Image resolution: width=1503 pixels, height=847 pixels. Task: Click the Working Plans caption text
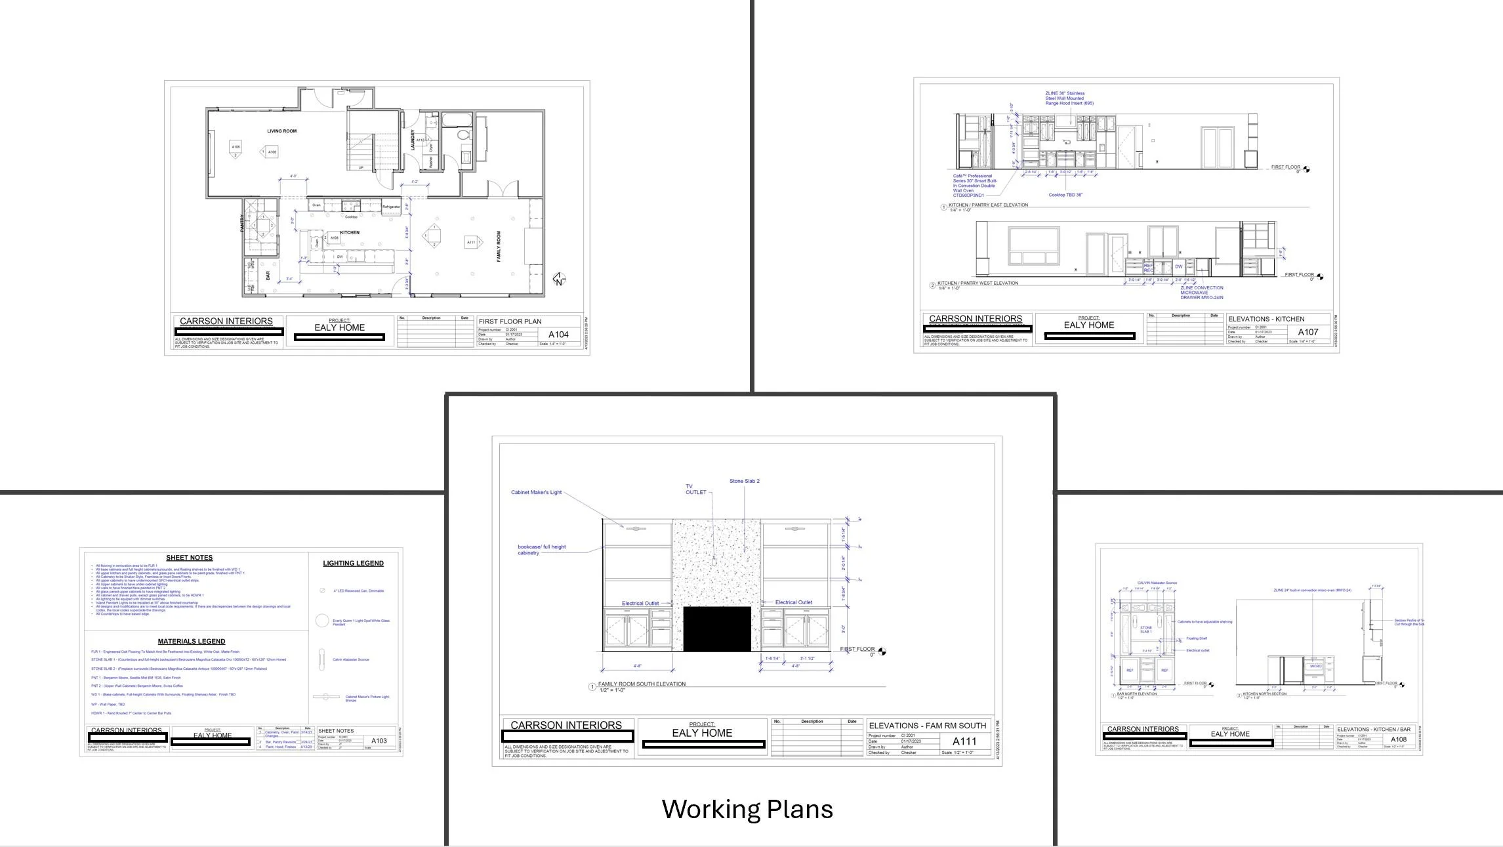[747, 809]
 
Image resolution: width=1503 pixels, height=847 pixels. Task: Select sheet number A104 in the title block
[558, 335]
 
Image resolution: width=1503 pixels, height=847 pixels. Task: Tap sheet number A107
[1307, 332]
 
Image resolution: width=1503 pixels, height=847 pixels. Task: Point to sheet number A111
[964, 741]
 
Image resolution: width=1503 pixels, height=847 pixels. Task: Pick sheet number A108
[1398, 739]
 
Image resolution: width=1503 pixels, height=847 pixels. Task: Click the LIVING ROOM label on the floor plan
[281, 131]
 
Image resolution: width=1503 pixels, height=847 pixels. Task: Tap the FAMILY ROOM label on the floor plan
[499, 246]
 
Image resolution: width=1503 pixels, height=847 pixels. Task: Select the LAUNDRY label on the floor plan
[413, 140]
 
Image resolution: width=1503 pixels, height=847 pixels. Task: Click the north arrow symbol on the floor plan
[559, 279]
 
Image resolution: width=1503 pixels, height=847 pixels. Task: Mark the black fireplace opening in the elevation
[716, 629]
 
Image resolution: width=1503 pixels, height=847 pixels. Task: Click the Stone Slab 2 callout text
[744, 481]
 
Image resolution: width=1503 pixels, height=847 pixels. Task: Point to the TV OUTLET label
[695, 489]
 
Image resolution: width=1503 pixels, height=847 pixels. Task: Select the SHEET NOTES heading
[189, 558]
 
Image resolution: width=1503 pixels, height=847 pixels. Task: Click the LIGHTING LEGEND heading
[353, 563]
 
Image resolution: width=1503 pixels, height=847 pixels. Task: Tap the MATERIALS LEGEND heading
[191, 641]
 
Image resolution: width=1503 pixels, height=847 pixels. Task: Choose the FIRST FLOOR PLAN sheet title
[510, 321]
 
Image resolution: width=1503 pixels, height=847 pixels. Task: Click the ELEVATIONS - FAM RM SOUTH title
[927, 726]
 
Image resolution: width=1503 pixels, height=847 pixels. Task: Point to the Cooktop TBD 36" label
[1065, 195]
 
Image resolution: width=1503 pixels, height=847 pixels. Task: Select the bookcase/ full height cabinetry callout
[541, 550]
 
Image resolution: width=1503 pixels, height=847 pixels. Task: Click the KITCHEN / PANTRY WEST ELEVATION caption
[978, 283]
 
